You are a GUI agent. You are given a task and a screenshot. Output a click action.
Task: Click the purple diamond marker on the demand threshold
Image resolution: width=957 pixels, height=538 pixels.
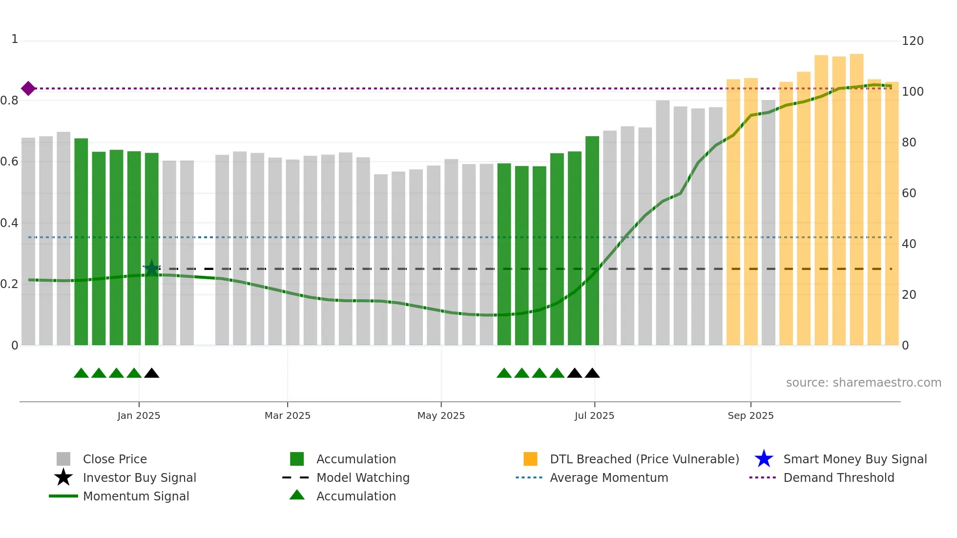coord(28,88)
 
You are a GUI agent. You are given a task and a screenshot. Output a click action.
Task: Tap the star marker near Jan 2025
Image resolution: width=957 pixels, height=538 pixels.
coord(152,268)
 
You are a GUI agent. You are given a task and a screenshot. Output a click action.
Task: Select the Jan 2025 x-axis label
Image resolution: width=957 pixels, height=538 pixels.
coord(139,415)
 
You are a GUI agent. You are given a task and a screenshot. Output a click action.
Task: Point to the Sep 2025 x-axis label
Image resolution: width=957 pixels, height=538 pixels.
coord(750,415)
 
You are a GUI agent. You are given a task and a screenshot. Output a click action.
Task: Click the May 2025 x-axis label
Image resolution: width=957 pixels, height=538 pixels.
coord(441,415)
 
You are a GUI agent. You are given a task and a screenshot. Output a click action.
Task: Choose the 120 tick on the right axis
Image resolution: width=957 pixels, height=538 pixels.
coord(912,41)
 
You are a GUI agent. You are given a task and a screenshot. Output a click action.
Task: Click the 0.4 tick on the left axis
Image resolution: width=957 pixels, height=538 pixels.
coord(10,223)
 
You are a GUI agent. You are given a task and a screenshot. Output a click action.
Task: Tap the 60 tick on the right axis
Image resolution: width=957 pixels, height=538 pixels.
coord(909,193)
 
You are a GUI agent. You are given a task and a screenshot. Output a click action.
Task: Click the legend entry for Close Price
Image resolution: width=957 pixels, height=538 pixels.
coord(115,459)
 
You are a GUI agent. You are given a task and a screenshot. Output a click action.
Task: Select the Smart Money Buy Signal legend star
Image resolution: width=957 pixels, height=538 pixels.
coord(764,459)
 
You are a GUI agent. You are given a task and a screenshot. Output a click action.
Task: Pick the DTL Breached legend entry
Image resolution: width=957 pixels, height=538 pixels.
coord(644,459)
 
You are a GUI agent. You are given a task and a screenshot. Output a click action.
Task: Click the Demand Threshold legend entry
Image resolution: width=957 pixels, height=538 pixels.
coord(838,477)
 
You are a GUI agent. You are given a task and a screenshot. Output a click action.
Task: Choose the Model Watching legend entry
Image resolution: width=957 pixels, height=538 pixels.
coord(362,477)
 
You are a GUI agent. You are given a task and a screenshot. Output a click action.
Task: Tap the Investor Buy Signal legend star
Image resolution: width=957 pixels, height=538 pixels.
coord(63,477)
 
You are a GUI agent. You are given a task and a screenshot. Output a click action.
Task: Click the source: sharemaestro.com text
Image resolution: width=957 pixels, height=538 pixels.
coord(863,383)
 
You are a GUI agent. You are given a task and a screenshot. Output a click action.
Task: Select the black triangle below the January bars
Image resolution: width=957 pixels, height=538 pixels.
coord(152,373)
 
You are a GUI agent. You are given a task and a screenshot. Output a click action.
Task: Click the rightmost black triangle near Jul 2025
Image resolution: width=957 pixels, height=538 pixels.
coord(592,373)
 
